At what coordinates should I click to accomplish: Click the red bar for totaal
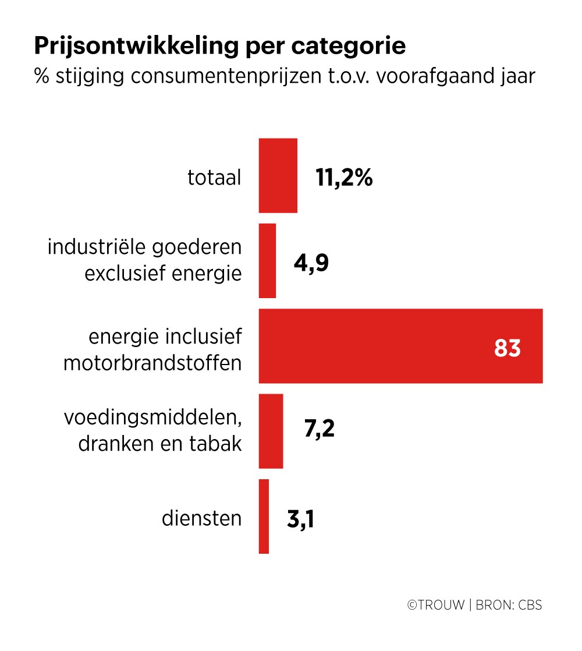click(x=278, y=175)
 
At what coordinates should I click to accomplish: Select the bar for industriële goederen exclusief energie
click(x=267, y=261)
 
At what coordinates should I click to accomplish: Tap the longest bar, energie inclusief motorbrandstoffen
click(x=400, y=346)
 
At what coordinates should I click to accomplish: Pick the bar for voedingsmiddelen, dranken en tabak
click(x=271, y=431)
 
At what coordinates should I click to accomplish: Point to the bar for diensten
click(x=264, y=516)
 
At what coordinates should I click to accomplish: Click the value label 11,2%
click(x=344, y=178)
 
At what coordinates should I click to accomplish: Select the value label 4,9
click(x=310, y=263)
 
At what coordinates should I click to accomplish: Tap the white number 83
click(x=507, y=348)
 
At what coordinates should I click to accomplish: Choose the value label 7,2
click(x=319, y=431)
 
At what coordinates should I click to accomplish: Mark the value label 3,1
click(x=300, y=518)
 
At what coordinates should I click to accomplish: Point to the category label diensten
click(x=201, y=518)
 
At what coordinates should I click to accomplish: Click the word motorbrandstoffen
click(x=152, y=363)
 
